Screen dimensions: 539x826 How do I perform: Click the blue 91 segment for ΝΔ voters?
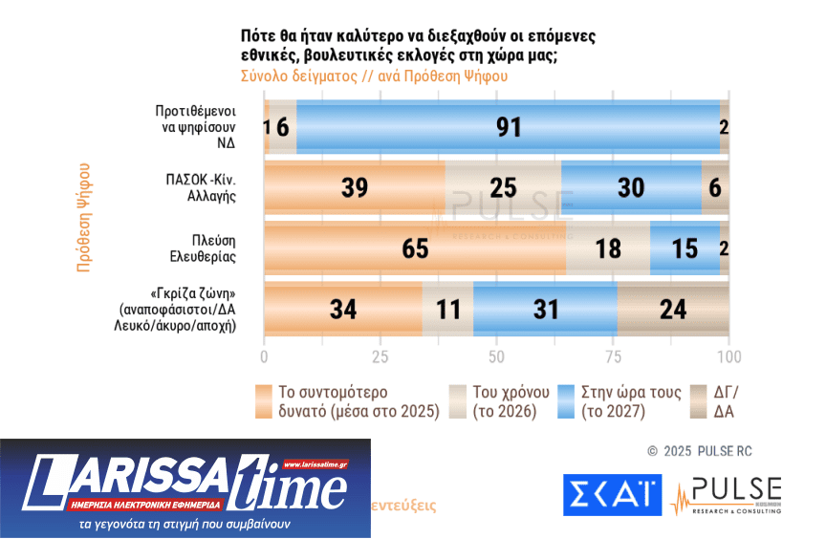pyautogui.click(x=507, y=127)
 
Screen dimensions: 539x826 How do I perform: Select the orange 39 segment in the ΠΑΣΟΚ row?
pyautogui.click(x=355, y=188)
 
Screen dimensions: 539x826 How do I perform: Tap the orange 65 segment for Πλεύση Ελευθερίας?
pyautogui.click(x=415, y=249)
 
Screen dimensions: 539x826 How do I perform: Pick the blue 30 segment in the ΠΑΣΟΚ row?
pyautogui.click(x=631, y=188)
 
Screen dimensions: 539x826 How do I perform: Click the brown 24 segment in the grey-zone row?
pyautogui.click(x=673, y=311)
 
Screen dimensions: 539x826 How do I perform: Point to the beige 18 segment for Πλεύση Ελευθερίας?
pyautogui.click(x=608, y=249)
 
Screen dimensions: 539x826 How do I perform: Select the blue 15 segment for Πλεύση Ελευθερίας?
pyautogui.click(x=685, y=249)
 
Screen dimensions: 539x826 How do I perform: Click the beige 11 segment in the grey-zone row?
pyautogui.click(x=447, y=311)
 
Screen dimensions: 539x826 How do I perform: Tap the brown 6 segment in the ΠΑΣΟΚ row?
pyautogui.click(x=715, y=188)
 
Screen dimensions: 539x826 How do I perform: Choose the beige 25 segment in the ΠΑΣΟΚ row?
pyautogui.click(x=503, y=188)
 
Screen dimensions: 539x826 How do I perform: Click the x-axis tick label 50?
pyautogui.click(x=496, y=356)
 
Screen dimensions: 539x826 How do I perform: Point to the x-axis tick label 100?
pyautogui.click(x=728, y=356)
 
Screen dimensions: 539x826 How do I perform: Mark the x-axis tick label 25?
pyautogui.click(x=380, y=356)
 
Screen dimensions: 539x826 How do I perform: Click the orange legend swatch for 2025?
pyautogui.click(x=265, y=401)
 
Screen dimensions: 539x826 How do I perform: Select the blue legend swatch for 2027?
pyautogui.click(x=566, y=401)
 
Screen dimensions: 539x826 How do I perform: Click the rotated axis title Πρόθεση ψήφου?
pyautogui.click(x=84, y=219)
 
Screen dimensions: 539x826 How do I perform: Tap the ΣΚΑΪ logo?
pyautogui.click(x=612, y=494)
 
